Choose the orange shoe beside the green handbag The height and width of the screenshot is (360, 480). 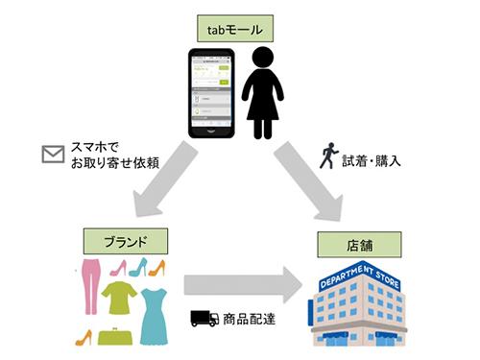(x=84, y=338)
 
